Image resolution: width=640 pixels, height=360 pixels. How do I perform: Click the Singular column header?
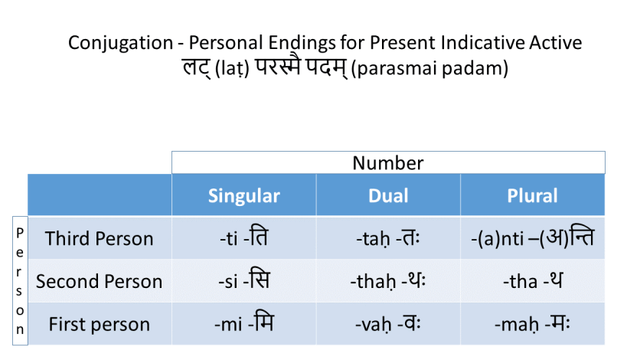pyautogui.click(x=243, y=195)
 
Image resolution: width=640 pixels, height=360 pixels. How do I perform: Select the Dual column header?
pyautogui.click(x=388, y=195)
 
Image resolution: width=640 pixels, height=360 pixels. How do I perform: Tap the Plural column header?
pyautogui.click(x=532, y=195)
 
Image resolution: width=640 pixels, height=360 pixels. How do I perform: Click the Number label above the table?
pyautogui.click(x=387, y=162)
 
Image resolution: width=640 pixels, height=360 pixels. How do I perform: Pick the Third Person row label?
pyautogui.click(x=99, y=238)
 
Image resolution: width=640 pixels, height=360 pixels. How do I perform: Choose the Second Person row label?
pyautogui.click(x=99, y=281)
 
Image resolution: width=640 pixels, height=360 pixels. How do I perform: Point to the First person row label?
pyautogui.click(x=99, y=324)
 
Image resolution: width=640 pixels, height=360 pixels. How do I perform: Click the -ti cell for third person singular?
pyautogui.click(x=243, y=238)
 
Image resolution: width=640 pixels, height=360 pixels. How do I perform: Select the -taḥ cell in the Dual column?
pyautogui.click(x=388, y=238)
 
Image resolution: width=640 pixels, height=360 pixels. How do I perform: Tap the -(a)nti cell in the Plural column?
pyautogui.click(x=532, y=238)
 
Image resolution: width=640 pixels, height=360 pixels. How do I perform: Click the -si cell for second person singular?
pyautogui.click(x=243, y=281)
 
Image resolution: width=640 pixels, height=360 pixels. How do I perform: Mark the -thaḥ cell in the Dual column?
pyautogui.click(x=388, y=281)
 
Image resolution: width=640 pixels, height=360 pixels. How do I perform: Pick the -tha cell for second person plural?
pyautogui.click(x=532, y=281)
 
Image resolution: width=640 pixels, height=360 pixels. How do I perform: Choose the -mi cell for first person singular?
pyautogui.click(x=243, y=324)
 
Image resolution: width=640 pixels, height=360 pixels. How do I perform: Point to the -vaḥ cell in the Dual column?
pyautogui.click(x=388, y=324)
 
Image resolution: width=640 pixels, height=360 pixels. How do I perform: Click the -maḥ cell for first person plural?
pyautogui.click(x=532, y=324)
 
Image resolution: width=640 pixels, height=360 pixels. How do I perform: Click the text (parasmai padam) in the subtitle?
pyautogui.click(x=429, y=69)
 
